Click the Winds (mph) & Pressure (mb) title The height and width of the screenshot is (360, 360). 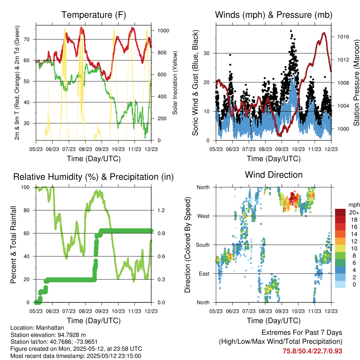[x=274, y=15]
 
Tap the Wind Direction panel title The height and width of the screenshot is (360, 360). [x=274, y=174]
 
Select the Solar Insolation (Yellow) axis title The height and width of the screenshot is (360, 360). [x=175, y=83]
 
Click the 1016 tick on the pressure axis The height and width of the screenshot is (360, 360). [x=343, y=37]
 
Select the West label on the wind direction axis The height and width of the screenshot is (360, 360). [x=203, y=216]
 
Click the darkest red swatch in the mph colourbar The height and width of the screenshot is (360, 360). [x=341, y=212]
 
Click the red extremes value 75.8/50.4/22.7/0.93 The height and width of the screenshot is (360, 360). [x=312, y=351]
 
